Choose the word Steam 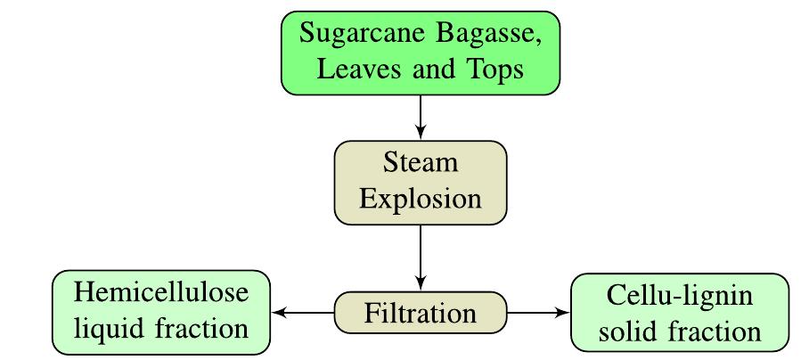point(420,164)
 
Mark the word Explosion point(420,198)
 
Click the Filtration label point(420,314)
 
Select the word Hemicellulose point(160,293)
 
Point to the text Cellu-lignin point(680,296)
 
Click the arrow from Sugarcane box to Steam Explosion point(420,116)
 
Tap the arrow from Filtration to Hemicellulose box point(303,313)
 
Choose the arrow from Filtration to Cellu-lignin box point(538,313)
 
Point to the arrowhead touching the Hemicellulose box point(277,313)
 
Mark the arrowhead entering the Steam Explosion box point(420,135)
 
